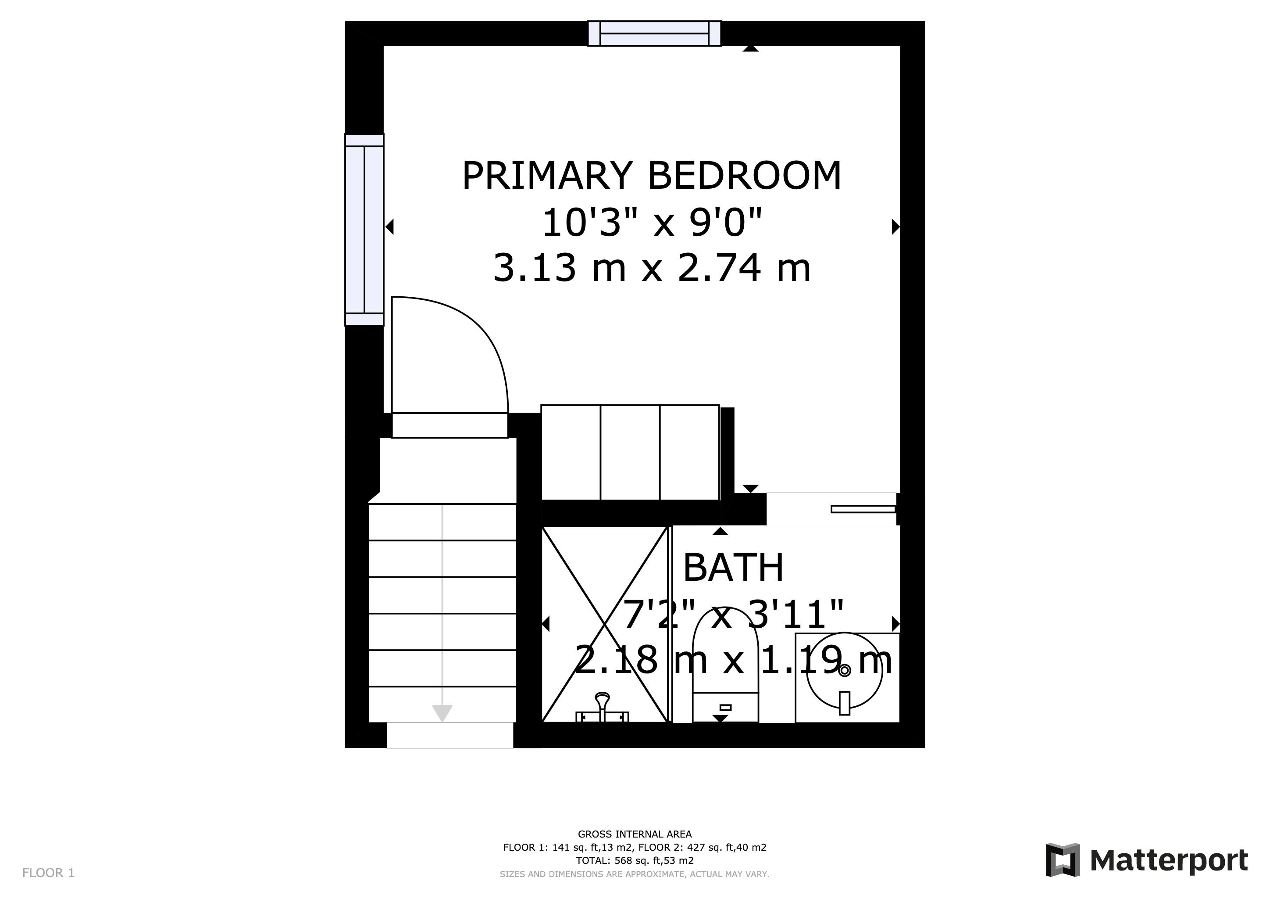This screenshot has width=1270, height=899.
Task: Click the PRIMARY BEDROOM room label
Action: pyautogui.click(x=652, y=176)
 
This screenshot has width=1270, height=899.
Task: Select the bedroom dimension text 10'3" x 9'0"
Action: pyautogui.click(x=652, y=223)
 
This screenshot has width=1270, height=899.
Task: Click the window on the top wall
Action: pyautogui.click(x=654, y=33)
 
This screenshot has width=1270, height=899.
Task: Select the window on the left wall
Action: pyautogui.click(x=364, y=230)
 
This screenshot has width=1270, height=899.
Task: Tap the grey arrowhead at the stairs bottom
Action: pyautogui.click(x=442, y=713)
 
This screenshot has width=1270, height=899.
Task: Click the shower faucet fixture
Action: pyautogui.click(x=603, y=708)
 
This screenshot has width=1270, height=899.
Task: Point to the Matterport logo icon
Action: pyautogui.click(x=1063, y=860)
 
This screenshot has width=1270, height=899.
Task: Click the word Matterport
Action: pyautogui.click(x=1169, y=861)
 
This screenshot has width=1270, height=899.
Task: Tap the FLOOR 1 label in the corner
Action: pyautogui.click(x=48, y=873)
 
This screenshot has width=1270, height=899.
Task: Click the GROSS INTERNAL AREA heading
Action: pyautogui.click(x=635, y=834)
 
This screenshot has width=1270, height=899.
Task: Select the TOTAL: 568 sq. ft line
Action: pyautogui.click(x=635, y=861)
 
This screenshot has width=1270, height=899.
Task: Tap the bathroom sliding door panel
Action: pyautogui.click(x=863, y=509)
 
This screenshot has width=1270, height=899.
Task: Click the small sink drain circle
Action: pyautogui.click(x=844, y=671)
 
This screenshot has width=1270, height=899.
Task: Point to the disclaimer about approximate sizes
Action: pyautogui.click(x=635, y=874)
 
